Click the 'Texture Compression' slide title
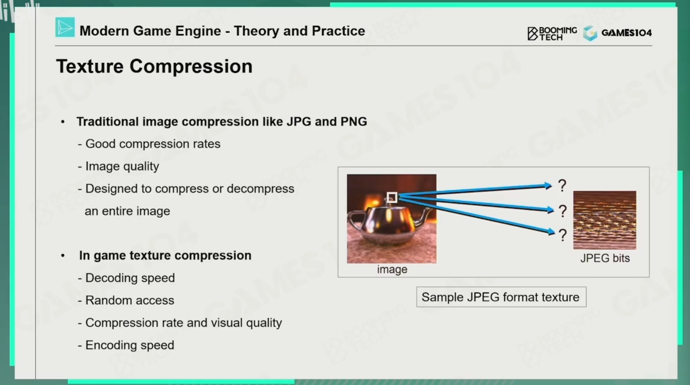pos(154,66)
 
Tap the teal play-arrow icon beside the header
pos(65,27)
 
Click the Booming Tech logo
pos(552,33)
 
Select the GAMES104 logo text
pos(626,33)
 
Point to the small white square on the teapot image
pos(392,197)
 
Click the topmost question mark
pos(562,185)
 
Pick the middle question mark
pos(563,211)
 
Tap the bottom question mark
pos(563,235)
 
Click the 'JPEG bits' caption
pos(605,258)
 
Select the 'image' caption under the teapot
pos(392,269)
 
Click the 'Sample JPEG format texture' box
pos(501,297)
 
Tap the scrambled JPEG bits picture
pos(604,220)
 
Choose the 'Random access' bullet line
pos(126,300)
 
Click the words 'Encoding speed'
pos(130,345)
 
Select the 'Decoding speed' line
pos(126,278)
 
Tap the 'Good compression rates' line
pos(149,144)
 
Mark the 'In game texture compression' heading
pos(165,255)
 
